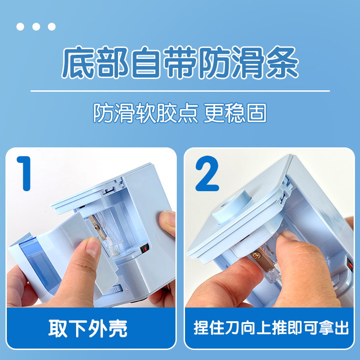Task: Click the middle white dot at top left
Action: click(36, 26)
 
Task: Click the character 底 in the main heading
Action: click(78, 63)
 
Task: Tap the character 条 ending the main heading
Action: click(282, 63)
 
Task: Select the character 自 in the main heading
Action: click(146, 63)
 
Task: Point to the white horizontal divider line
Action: click(180, 91)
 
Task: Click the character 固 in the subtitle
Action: click(257, 113)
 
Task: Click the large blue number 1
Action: click(25, 173)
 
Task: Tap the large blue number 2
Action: click(207, 173)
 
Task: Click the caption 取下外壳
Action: click(87, 328)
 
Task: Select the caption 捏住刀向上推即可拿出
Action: click(271, 328)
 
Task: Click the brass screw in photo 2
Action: click(256, 255)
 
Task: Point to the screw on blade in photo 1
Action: click(97, 227)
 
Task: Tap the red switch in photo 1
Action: click(144, 249)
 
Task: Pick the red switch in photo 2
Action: click(350, 266)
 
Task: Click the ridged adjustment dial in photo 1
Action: click(115, 289)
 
